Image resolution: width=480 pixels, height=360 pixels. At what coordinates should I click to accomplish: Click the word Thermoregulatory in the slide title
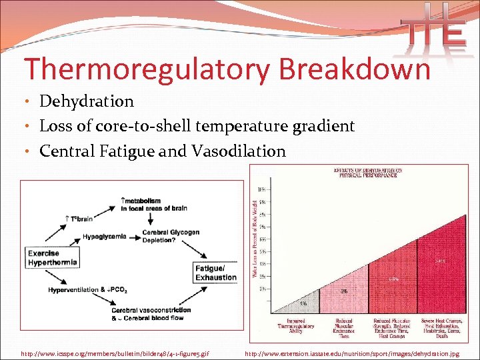[x=136, y=69]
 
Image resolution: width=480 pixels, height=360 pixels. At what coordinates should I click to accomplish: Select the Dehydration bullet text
[x=87, y=101]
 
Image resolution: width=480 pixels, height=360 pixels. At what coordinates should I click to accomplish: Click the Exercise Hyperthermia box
[x=53, y=258]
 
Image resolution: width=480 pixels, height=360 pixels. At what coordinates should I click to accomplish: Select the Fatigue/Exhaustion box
[x=216, y=273]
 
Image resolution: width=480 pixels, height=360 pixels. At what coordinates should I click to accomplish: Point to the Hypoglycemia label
[x=105, y=237]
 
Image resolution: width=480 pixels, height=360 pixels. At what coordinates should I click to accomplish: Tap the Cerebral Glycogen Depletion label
[x=171, y=236]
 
